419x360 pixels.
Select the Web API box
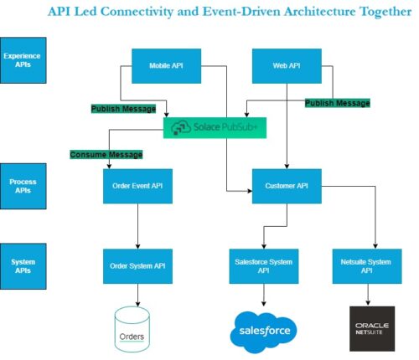[x=287, y=64]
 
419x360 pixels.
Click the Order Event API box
[x=137, y=185]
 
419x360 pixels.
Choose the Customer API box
[x=287, y=185]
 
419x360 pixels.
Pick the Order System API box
[x=137, y=266]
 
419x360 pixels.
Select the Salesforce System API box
[x=265, y=266]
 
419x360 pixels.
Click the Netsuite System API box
[x=367, y=266]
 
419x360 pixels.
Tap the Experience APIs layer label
[x=23, y=60]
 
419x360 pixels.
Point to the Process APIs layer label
[x=23, y=184]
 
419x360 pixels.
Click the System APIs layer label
[x=23, y=266]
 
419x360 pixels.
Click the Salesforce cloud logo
[x=265, y=331]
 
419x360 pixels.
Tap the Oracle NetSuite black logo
[x=371, y=328]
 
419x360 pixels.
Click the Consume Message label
[x=106, y=154]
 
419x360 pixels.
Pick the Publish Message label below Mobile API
[x=123, y=108]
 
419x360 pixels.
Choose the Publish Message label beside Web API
[x=337, y=102]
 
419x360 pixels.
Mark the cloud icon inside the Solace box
[x=181, y=128]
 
